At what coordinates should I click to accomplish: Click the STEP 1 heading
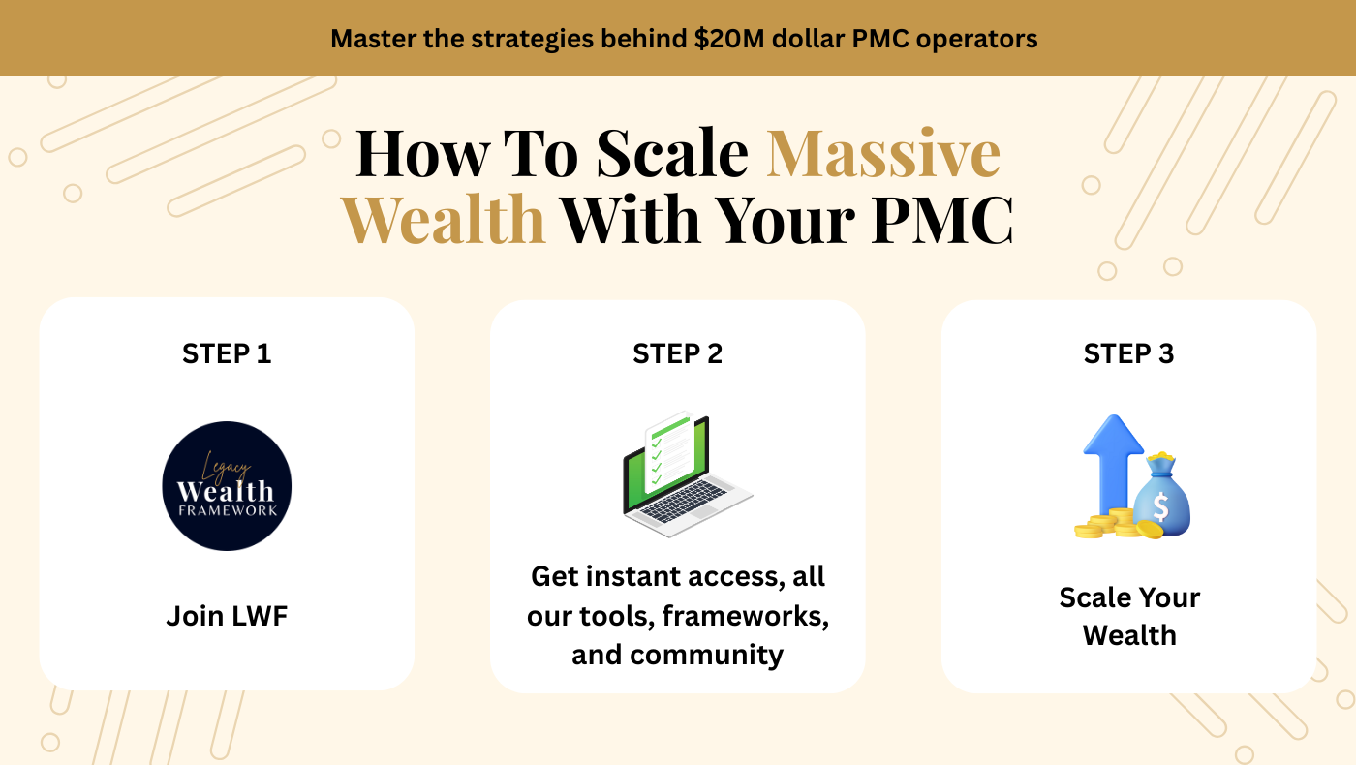pos(227,353)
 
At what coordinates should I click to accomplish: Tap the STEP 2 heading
pos(677,353)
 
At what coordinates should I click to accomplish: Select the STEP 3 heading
pos(1128,353)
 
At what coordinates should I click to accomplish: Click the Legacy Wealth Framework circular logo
pos(227,486)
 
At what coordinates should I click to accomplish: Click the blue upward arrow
pos(1113,466)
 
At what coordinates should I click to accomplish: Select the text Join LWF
pos(227,616)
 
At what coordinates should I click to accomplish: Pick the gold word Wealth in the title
pos(443,219)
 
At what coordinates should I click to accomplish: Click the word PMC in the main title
pos(942,219)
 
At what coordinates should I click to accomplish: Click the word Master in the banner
pos(373,39)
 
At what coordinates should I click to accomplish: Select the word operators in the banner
pos(976,40)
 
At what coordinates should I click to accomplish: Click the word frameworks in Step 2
pos(745,616)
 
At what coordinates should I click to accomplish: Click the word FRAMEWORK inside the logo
pos(228,510)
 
